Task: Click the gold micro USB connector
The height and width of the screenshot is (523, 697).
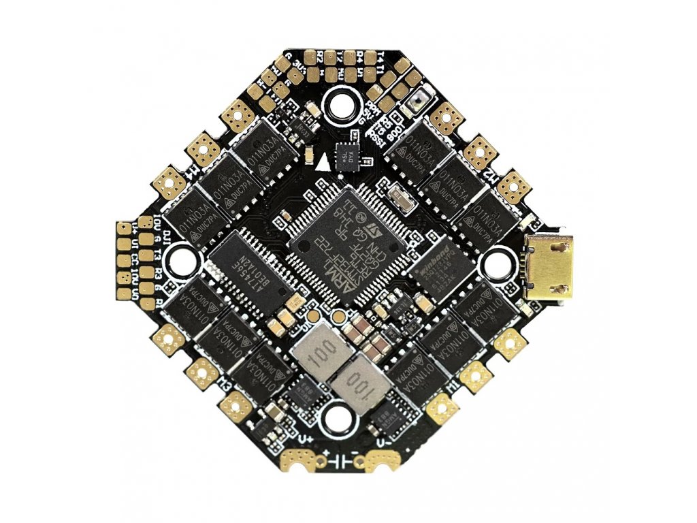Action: [550, 267]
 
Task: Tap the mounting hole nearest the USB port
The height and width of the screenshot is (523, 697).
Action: [497, 262]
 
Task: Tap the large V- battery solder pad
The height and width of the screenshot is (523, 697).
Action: [382, 462]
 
